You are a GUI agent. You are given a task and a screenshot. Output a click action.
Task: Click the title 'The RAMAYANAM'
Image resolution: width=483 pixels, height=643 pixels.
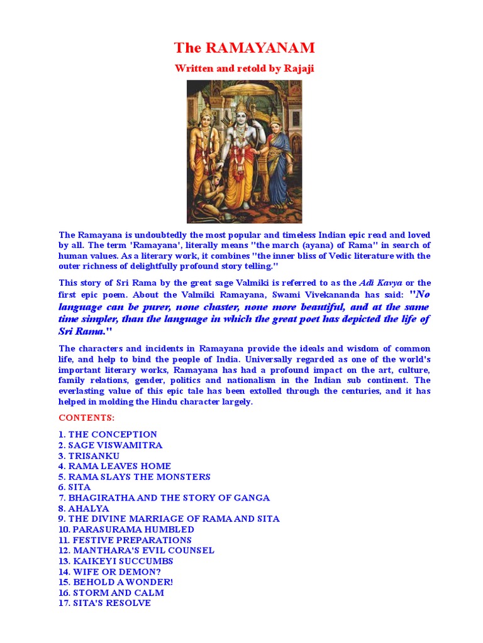pos(244,48)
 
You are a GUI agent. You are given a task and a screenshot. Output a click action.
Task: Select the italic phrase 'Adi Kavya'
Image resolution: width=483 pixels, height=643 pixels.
pos(381,283)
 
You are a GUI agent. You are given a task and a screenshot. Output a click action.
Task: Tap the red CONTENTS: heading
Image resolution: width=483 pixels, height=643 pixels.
pos(87,418)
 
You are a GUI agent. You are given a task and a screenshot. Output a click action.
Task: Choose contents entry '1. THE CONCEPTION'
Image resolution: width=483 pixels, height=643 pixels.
pos(108,435)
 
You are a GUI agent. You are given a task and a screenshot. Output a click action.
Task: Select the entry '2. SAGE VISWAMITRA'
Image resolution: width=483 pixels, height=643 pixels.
pos(110,445)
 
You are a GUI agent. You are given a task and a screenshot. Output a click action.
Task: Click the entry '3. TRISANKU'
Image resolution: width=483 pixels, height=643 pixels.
pos(89,456)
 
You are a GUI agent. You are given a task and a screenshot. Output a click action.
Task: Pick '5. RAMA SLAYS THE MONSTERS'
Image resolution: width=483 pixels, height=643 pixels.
pos(134,477)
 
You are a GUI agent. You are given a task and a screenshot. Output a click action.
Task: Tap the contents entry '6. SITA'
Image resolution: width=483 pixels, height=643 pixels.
pos(74,487)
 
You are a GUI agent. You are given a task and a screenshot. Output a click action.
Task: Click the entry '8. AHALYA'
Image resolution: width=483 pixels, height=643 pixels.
pos(84,509)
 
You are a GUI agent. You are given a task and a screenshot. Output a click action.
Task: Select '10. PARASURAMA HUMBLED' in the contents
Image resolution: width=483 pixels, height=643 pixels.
pos(126,529)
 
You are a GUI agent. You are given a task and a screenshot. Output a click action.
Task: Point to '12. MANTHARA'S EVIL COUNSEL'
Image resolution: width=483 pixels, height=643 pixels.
pos(136,551)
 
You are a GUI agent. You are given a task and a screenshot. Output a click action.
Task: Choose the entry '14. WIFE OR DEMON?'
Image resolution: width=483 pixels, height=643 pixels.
pos(109,571)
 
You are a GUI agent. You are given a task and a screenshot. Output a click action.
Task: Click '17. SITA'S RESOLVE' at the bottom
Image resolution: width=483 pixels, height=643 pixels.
pos(104,603)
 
